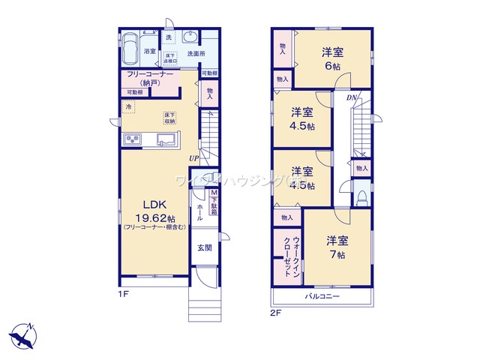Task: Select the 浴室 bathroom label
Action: coord(149,52)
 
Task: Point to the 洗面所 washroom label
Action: coord(196,54)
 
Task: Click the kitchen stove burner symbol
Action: coord(133,139)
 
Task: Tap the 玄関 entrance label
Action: coord(204,247)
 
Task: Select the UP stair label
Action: coord(193,157)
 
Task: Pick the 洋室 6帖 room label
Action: coord(333,58)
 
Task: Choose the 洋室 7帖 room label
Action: coord(335,247)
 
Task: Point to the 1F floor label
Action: coord(121,293)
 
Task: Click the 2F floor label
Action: coord(276,313)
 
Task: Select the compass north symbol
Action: coord(23,337)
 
